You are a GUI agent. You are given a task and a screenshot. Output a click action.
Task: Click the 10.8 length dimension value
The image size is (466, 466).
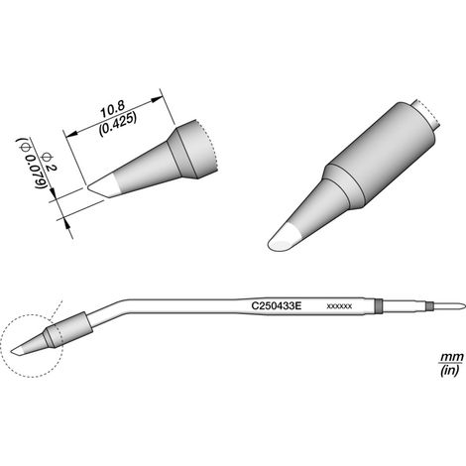[113, 110]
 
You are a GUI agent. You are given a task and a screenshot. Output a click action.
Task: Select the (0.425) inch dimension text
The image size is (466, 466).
[118, 123]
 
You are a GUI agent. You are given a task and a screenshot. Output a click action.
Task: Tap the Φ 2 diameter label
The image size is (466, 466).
[49, 162]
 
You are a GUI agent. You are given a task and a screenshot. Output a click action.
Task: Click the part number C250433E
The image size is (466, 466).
[277, 305]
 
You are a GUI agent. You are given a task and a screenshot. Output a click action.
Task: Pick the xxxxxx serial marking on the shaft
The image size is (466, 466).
[339, 306]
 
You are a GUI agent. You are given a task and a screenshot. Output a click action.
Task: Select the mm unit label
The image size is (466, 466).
[451, 357]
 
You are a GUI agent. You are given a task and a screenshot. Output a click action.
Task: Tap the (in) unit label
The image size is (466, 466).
[450, 370]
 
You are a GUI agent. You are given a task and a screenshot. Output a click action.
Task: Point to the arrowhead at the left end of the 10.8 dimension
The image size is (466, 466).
[71, 133]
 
